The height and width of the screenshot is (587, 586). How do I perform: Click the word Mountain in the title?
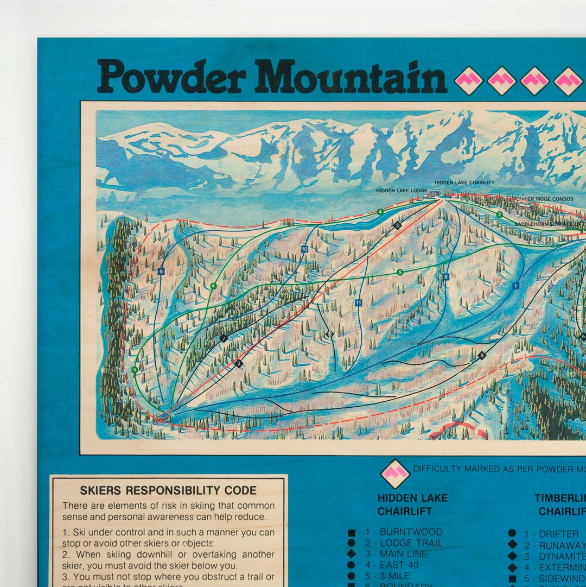[351, 77]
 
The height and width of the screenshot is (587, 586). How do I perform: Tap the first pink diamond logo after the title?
[468, 80]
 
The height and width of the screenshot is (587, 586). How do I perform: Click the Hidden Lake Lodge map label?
[402, 191]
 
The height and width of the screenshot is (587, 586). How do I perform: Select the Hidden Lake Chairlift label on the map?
[464, 182]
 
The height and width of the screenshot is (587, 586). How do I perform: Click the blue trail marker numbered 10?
[304, 249]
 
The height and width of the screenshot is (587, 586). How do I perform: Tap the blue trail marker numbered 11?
[359, 302]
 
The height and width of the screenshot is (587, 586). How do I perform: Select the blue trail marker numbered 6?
[161, 271]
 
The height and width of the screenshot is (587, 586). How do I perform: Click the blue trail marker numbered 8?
[446, 277]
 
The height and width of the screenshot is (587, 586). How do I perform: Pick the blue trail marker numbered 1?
[515, 286]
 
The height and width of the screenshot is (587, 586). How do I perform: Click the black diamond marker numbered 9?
[482, 356]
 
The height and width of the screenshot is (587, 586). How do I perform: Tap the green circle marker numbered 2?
[499, 214]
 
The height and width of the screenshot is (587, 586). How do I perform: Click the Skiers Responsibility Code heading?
[168, 490]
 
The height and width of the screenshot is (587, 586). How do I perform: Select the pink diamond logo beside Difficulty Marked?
[395, 473]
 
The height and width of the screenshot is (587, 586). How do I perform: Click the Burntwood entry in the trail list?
[404, 532]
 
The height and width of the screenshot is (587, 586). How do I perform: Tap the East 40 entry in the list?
[399, 565]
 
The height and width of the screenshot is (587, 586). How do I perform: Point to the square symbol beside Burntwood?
[352, 533]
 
